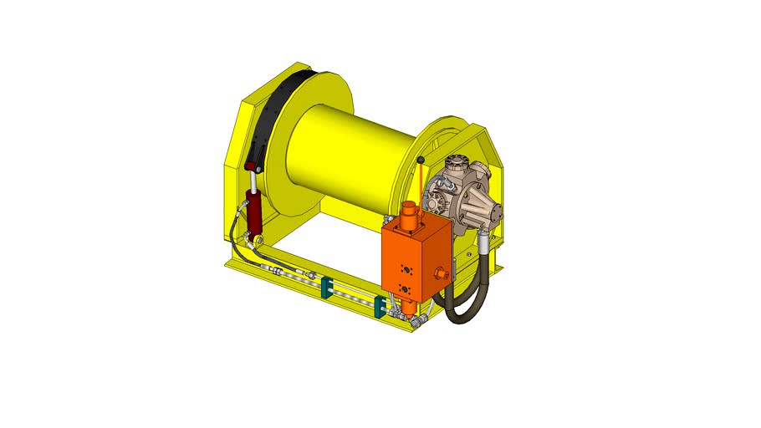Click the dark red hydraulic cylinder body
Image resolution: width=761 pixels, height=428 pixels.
pyautogui.click(x=254, y=213)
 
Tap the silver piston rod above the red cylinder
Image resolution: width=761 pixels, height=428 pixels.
pyautogui.click(x=252, y=182)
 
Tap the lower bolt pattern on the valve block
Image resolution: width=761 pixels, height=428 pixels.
pyautogui.click(x=405, y=289)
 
